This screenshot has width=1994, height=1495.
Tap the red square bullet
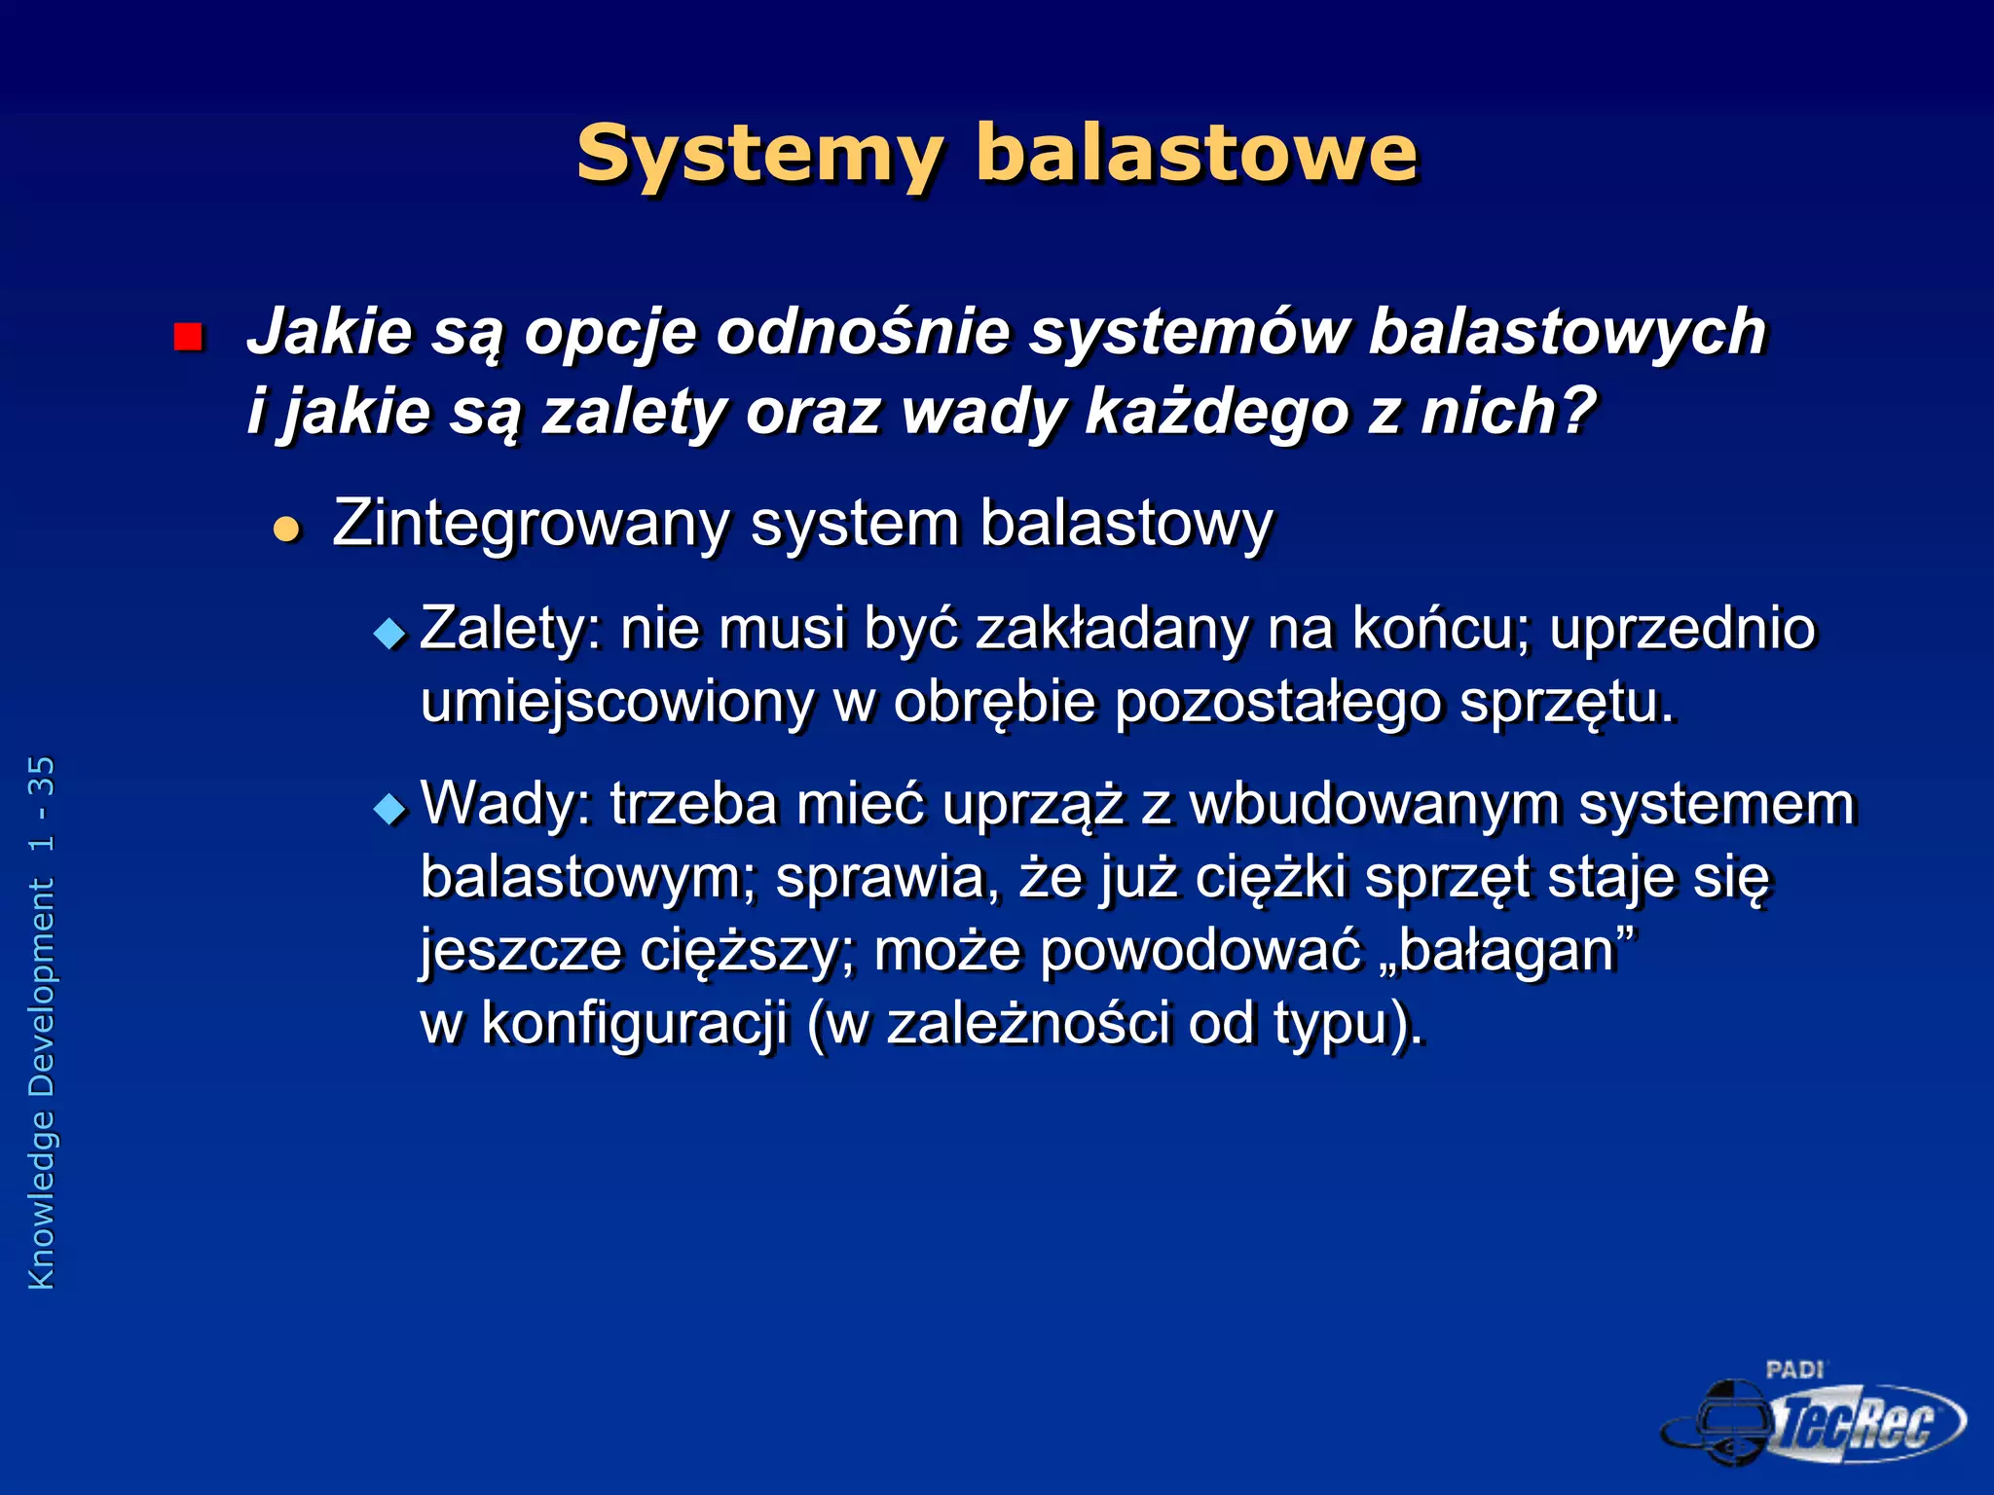[187, 337]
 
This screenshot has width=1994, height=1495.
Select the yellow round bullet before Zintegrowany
[286, 529]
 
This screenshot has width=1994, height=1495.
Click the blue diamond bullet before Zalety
[389, 635]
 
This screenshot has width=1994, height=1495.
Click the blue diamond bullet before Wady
[389, 809]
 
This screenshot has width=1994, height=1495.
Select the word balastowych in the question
[1567, 332]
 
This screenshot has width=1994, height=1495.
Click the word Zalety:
[510, 629]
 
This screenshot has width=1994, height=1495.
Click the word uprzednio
[1682, 629]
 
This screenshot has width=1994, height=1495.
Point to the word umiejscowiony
[616, 703]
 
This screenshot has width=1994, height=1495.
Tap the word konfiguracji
[634, 1024]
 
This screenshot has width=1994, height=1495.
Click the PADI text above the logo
[1793, 1370]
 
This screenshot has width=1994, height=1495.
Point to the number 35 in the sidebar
[41, 776]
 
